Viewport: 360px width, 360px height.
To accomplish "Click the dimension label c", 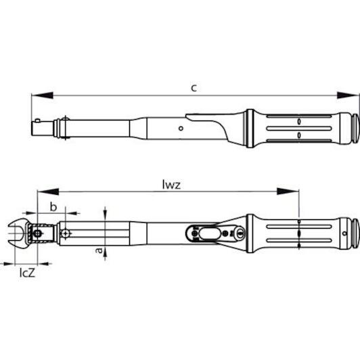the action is coord(194,88).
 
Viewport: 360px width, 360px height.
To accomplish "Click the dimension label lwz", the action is coord(171,185).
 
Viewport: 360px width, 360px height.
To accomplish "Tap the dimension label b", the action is coord(53,207).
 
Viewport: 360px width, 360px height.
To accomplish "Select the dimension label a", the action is coord(99,250).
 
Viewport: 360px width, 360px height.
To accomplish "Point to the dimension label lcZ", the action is coord(27,273).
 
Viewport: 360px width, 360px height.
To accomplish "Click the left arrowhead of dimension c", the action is coord(42,95).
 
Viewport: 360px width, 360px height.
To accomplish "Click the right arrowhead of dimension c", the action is coord(348,95).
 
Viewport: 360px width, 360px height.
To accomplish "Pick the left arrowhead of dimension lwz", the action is coord(48,192).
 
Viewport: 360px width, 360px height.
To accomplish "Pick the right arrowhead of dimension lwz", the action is coord(288,192).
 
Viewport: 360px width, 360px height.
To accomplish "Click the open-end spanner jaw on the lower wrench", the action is coord(18,233).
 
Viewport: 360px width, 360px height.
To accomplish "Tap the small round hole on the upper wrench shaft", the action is coord(181,129).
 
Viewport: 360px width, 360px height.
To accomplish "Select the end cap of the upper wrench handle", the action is coord(355,128).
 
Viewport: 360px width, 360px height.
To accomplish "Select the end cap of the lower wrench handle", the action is coord(355,233).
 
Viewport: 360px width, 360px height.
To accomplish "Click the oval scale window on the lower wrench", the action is coord(210,233).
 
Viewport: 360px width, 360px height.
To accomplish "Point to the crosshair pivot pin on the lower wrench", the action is coord(66,233).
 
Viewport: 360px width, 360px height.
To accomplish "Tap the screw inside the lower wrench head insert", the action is coord(37,233).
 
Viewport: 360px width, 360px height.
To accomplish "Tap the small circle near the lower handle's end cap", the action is coord(344,233).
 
